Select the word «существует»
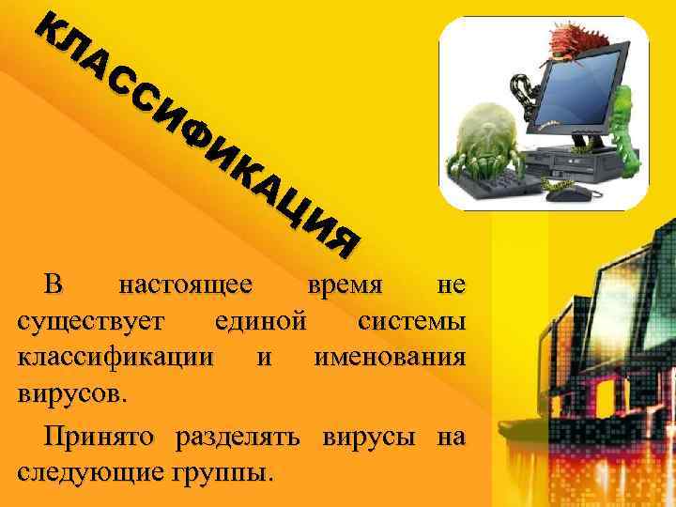pyautogui.click(x=92, y=322)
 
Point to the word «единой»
pyautogui.click(x=260, y=322)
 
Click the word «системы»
pyautogui.click(x=412, y=322)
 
